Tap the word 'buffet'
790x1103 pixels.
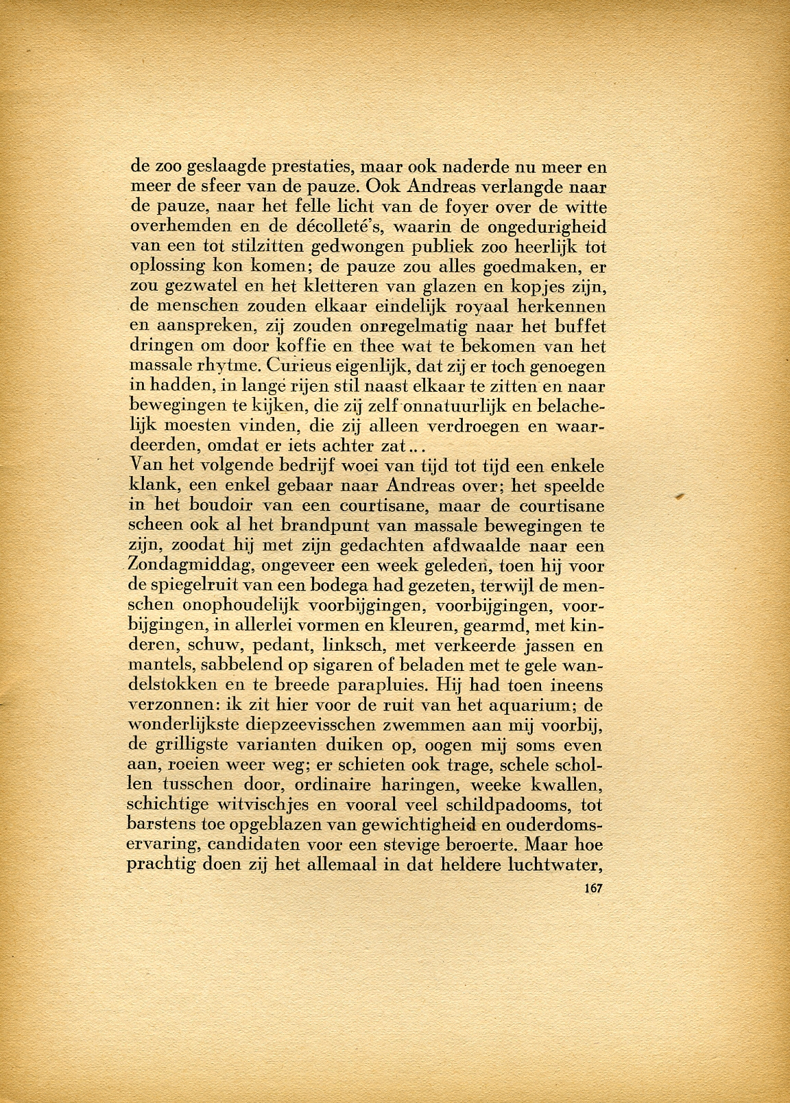pos(579,323)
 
